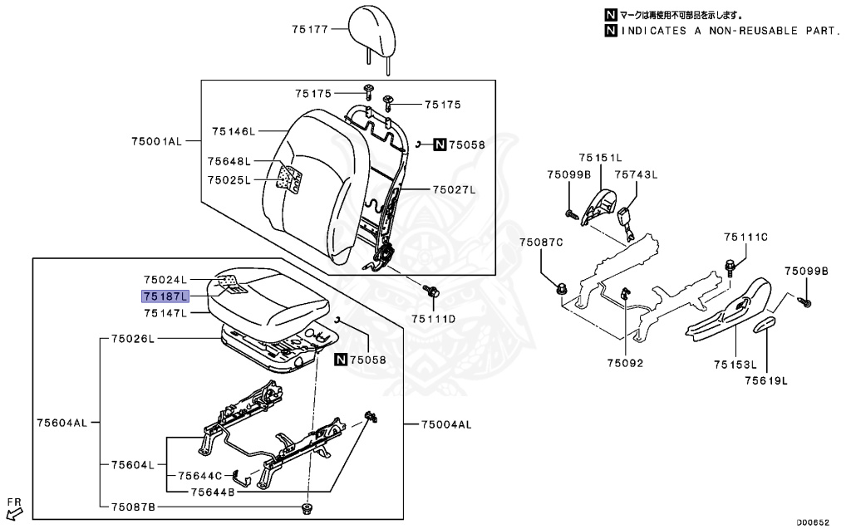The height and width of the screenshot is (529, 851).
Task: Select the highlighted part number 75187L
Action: (x=165, y=296)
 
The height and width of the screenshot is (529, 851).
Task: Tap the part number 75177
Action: (x=311, y=29)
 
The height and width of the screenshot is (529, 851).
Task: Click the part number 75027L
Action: (x=453, y=190)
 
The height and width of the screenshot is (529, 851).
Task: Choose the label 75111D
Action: (x=433, y=319)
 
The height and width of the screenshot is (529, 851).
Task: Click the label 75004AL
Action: (x=445, y=424)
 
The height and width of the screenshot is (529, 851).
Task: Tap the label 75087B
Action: (x=127, y=507)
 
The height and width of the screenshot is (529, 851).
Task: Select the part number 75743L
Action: (x=635, y=174)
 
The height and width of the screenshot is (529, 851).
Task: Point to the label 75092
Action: (x=624, y=363)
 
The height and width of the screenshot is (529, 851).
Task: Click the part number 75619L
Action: (x=765, y=381)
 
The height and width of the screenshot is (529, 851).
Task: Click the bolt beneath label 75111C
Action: (x=730, y=268)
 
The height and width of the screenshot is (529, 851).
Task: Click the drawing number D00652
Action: (x=813, y=522)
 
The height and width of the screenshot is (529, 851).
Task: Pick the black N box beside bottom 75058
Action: (x=340, y=360)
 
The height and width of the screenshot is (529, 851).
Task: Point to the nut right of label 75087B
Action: (x=308, y=507)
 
